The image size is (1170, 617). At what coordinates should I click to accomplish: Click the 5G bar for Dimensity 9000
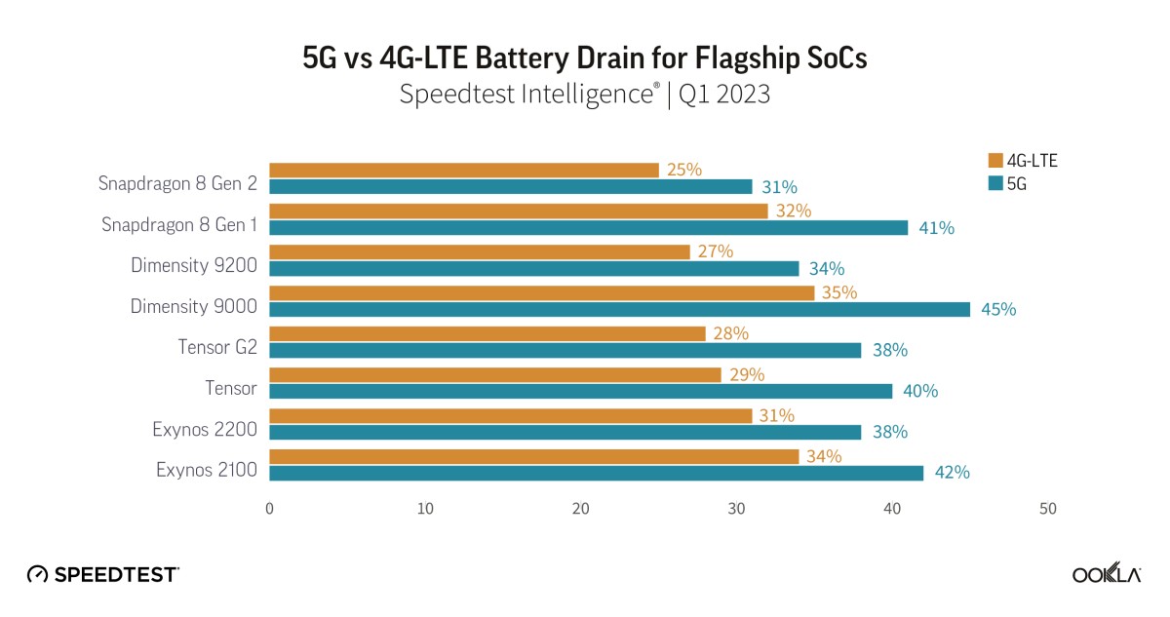point(619,309)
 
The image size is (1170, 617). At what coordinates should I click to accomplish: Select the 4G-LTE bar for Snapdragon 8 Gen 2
point(463,171)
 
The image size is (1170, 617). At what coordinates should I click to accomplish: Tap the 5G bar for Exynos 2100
point(596,473)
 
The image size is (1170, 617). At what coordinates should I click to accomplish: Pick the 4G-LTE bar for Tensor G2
point(487,334)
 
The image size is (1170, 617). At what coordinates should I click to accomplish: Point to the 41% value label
point(936,228)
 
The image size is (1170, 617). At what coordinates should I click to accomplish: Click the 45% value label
point(998,310)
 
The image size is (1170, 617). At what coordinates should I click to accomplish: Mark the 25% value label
point(684,170)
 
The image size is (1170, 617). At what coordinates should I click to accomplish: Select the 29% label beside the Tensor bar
point(747,374)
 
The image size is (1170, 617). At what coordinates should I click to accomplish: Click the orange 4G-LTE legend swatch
point(994,162)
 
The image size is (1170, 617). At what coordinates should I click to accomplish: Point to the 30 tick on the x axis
point(736,509)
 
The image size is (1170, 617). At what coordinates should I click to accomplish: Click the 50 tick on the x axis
point(1047,509)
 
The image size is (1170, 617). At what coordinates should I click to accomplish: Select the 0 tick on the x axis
point(269,509)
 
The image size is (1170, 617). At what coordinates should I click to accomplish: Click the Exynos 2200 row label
point(204,429)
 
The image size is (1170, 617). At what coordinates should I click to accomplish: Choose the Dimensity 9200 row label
point(194,265)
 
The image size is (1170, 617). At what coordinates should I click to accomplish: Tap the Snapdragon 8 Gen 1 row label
point(179,224)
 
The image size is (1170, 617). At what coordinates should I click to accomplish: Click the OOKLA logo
point(1106,574)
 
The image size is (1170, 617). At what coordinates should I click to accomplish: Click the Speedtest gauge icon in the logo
point(37,574)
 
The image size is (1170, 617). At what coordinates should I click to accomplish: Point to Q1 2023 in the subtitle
point(724,96)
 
